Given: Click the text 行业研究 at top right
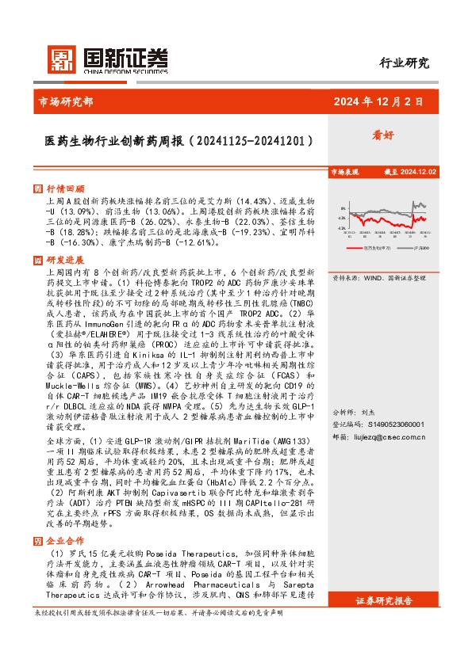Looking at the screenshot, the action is tap(404, 63).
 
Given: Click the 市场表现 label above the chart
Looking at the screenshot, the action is tap(344, 171).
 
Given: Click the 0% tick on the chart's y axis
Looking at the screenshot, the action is tap(341, 206).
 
